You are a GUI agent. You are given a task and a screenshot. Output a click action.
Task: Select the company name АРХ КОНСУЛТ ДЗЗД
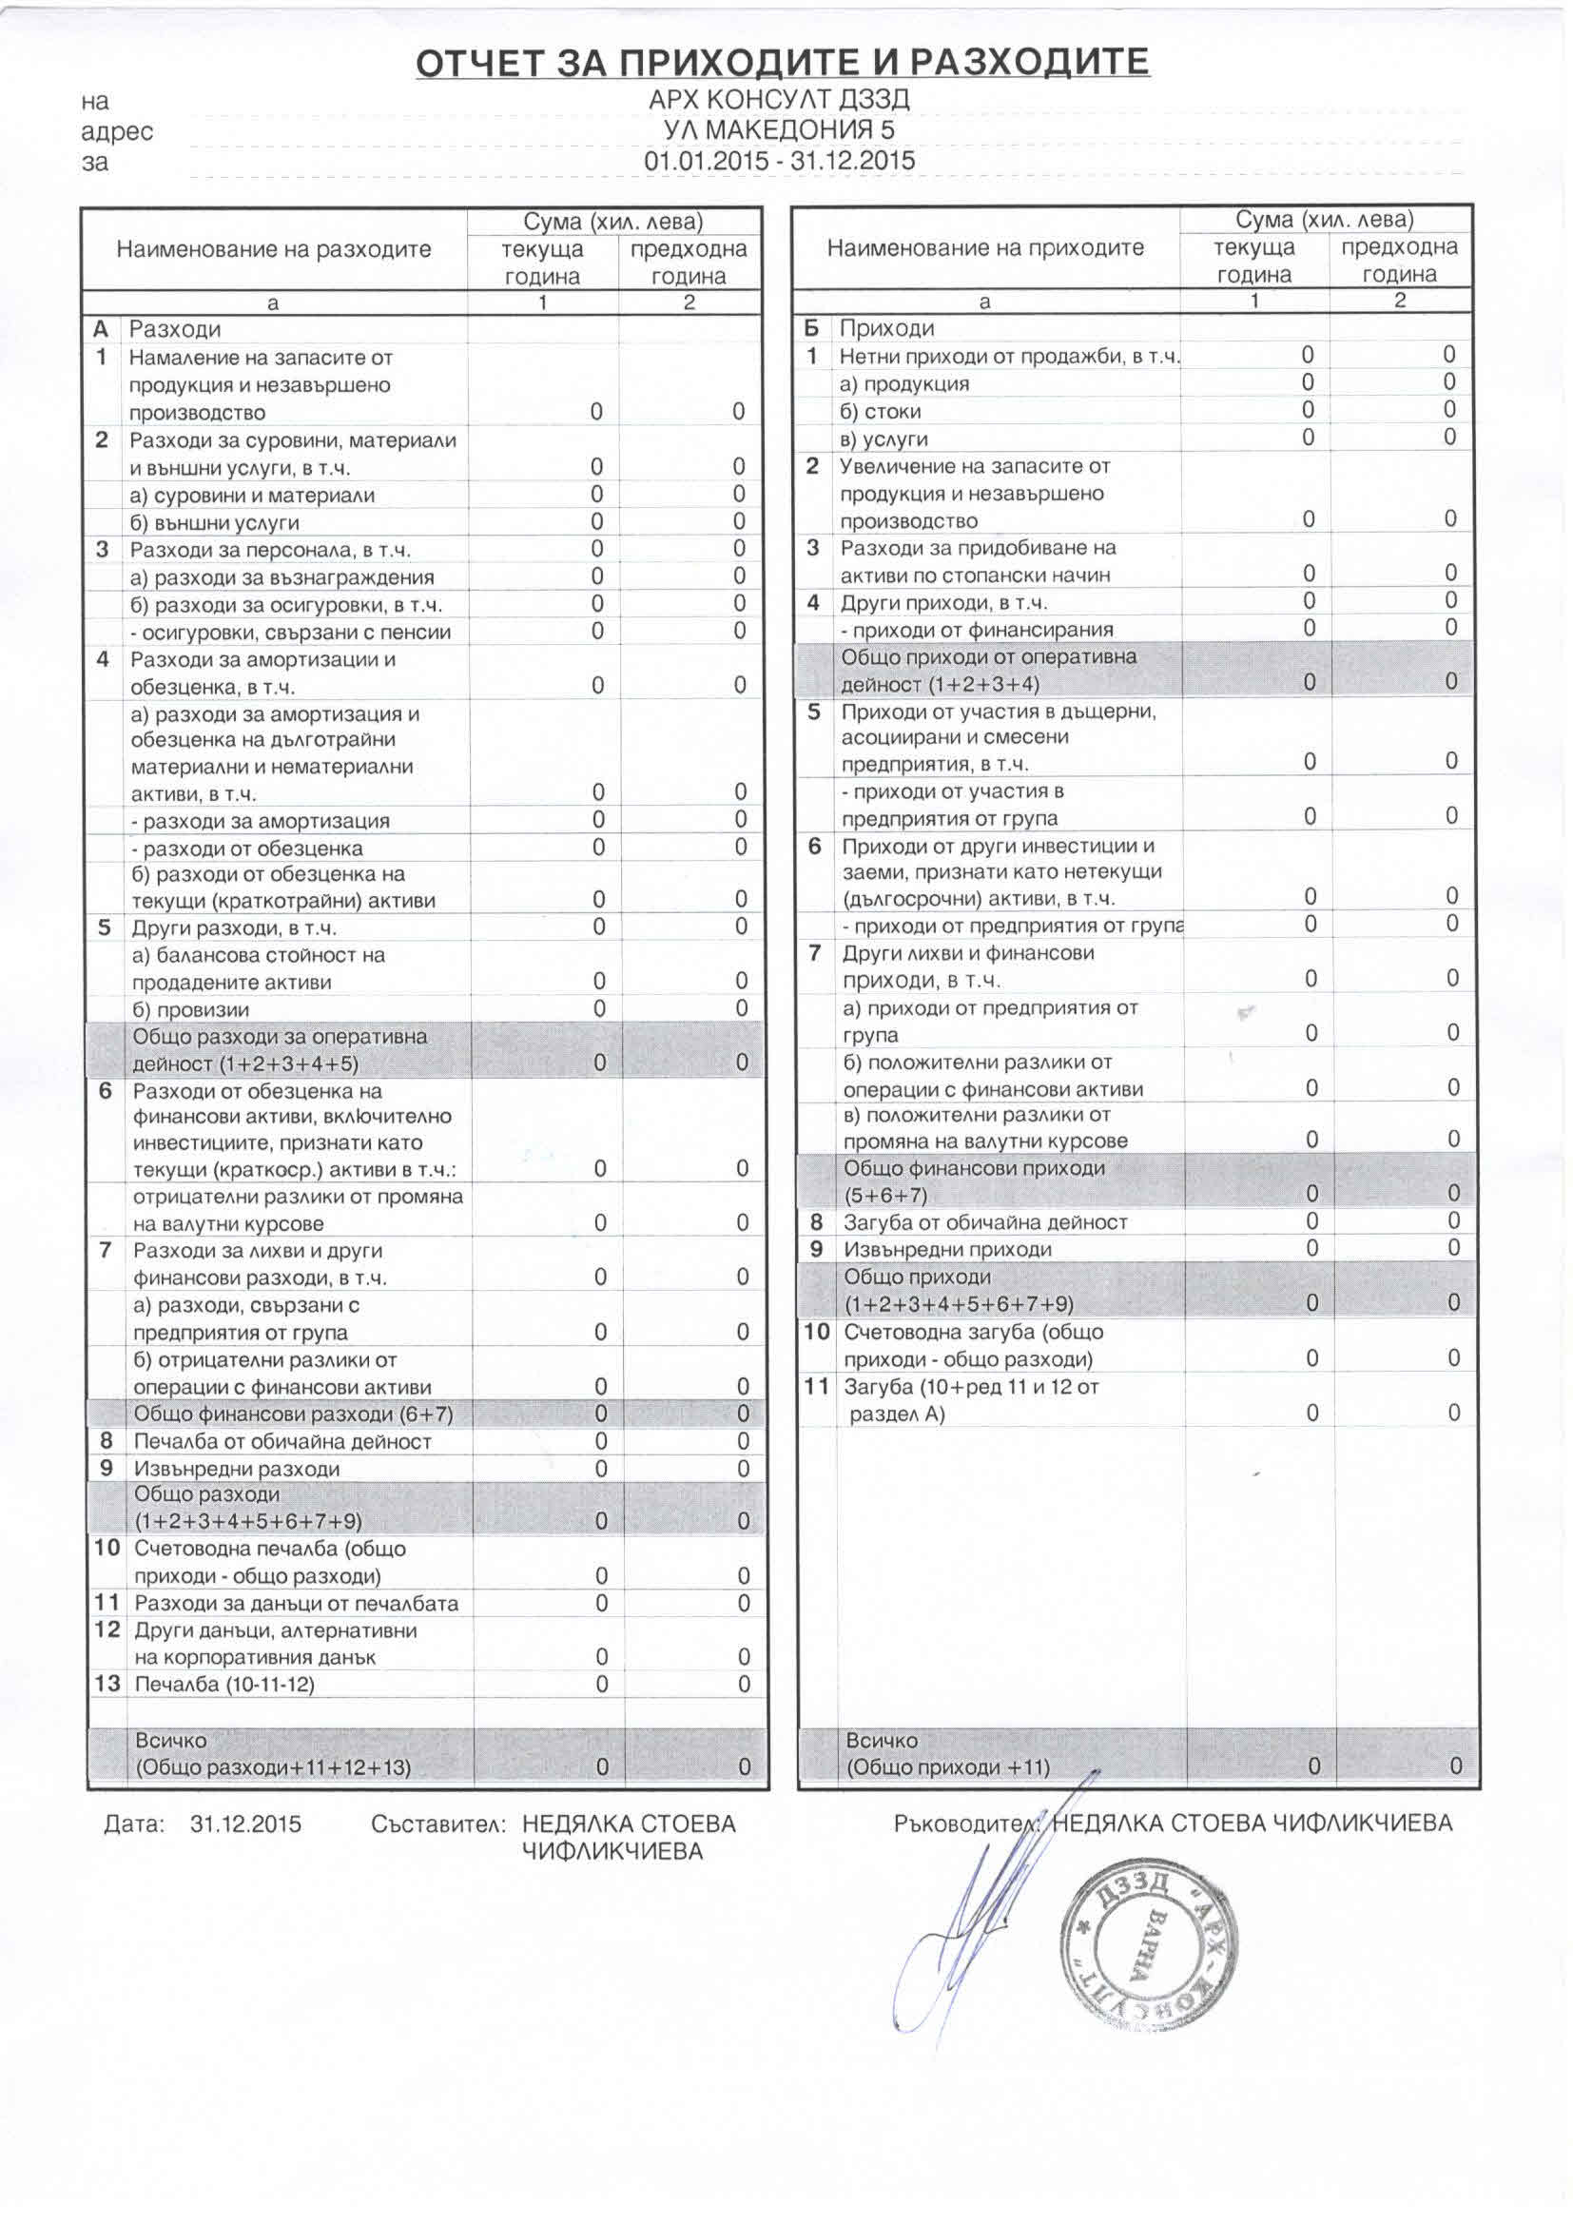pyautogui.click(x=780, y=100)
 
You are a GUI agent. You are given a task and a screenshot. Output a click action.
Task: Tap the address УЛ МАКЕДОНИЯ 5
pyautogui.click(x=779, y=129)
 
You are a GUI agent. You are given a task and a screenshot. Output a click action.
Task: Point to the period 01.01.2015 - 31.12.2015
pyautogui.click(x=780, y=160)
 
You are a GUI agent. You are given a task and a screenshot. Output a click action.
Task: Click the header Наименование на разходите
pyautogui.click(x=273, y=249)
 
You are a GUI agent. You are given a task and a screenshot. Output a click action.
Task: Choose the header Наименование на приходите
pyautogui.click(x=985, y=248)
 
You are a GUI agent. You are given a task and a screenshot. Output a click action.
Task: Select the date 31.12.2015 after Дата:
pyautogui.click(x=246, y=1824)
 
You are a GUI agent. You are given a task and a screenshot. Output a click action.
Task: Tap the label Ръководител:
pyautogui.click(x=967, y=1823)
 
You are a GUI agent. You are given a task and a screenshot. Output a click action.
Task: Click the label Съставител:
pyautogui.click(x=438, y=1824)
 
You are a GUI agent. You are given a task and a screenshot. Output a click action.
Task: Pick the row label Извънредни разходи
pyautogui.click(x=238, y=1469)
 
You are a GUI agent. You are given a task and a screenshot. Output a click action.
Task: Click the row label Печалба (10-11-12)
pyautogui.click(x=224, y=1685)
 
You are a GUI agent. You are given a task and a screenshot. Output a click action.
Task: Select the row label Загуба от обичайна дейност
pyautogui.click(x=985, y=1222)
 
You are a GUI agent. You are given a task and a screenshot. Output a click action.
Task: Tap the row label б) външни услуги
pyautogui.click(x=215, y=523)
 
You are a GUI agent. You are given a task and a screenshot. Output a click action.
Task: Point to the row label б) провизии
pyautogui.click(x=191, y=1009)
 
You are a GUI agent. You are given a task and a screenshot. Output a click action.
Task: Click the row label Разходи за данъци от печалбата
pyautogui.click(x=297, y=1603)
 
